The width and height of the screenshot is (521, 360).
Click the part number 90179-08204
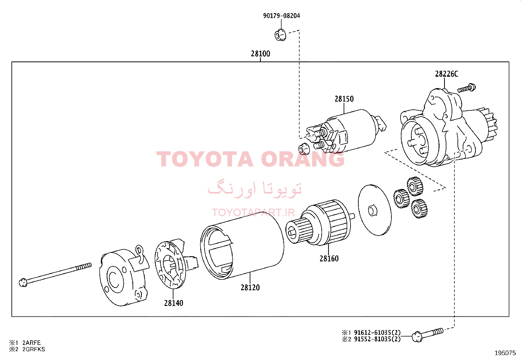[281, 16]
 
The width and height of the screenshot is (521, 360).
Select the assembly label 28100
[260, 54]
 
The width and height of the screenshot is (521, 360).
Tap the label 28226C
[447, 74]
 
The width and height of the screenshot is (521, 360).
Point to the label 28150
[344, 99]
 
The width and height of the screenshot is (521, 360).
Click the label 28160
[329, 258]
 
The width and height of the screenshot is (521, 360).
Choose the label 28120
[250, 288]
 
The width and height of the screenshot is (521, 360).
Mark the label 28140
[173, 303]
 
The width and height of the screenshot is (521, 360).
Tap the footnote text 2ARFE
[31, 343]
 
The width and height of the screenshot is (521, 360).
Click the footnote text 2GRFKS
[34, 349]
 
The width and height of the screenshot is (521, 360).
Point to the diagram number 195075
[505, 353]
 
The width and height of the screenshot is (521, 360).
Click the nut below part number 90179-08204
[280, 35]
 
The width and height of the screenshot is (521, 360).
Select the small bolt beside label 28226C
[467, 88]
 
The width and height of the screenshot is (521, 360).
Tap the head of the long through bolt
[23, 283]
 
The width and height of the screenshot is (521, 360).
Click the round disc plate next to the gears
[375, 210]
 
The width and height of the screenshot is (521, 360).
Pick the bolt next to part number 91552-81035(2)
[427, 335]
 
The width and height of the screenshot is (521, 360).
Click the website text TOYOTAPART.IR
[253, 213]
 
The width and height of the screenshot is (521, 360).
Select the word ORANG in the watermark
[303, 159]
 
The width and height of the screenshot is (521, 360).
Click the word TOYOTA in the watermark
[205, 159]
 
